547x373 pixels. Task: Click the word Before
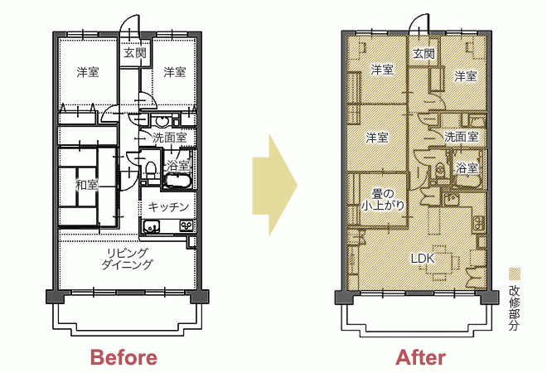pyautogui.click(x=123, y=357)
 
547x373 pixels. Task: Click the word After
pyautogui.click(x=421, y=357)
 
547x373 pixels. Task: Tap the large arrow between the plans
pyautogui.click(x=274, y=185)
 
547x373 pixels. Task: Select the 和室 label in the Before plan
pyautogui.click(x=87, y=185)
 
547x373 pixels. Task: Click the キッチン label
pyautogui.click(x=168, y=207)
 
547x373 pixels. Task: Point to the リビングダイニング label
pyautogui.click(x=127, y=259)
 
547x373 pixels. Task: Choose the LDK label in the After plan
pyautogui.click(x=423, y=259)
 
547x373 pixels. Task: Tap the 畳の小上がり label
pyautogui.click(x=383, y=199)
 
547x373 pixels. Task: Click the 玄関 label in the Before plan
pyautogui.click(x=135, y=53)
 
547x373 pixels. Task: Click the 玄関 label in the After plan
pyautogui.click(x=424, y=54)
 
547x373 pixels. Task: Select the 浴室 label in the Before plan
pyautogui.click(x=178, y=166)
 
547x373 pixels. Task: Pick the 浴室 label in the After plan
pyautogui.click(x=467, y=168)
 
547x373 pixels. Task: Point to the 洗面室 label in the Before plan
pyautogui.click(x=170, y=138)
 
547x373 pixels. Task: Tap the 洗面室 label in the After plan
pyautogui.click(x=461, y=137)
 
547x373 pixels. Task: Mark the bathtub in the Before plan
pyautogui.click(x=178, y=182)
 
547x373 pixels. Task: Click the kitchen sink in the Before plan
pyautogui.click(x=152, y=226)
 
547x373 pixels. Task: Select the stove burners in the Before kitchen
pyautogui.click(x=186, y=226)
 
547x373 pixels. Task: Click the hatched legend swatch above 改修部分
pyautogui.click(x=514, y=274)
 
